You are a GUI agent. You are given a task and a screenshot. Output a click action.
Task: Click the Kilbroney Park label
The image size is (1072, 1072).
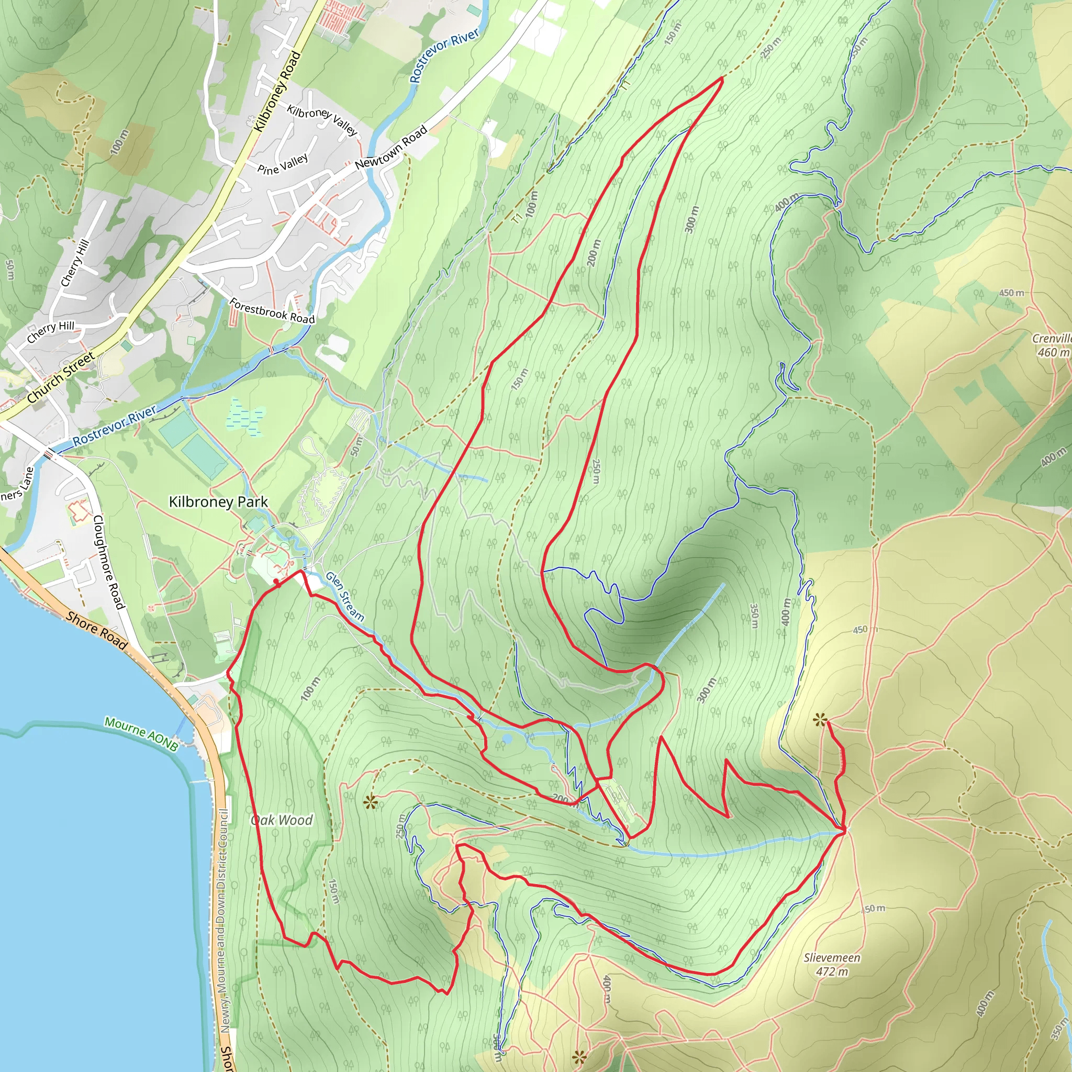(x=218, y=502)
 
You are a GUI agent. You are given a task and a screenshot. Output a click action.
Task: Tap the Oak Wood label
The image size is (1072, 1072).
(x=282, y=820)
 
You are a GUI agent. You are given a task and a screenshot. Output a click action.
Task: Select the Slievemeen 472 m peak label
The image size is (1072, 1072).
(x=832, y=964)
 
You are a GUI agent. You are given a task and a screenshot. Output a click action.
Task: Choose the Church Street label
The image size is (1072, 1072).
(x=61, y=378)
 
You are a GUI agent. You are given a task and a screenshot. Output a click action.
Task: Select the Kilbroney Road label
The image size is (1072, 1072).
(x=277, y=92)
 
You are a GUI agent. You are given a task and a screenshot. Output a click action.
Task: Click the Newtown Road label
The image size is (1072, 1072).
(x=391, y=148)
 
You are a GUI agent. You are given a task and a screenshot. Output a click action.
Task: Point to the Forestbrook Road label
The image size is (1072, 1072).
(x=272, y=311)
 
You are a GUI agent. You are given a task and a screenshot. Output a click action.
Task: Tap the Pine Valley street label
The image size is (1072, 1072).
(x=283, y=164)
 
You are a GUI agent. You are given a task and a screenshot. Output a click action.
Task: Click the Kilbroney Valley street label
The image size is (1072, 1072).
(x=322, y=120)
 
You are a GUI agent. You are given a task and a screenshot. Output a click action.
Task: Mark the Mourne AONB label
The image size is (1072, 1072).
(x=141, y=733)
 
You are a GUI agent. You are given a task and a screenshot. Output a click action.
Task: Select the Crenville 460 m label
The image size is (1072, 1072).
(x=1052, y=345)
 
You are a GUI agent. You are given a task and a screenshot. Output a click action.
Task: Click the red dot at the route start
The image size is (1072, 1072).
(x=276, y=582)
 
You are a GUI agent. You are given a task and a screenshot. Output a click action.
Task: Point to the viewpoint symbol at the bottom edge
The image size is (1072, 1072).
(x=579, y=1057)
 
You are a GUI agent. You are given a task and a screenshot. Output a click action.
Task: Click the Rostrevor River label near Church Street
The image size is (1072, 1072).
(x=114, y=425)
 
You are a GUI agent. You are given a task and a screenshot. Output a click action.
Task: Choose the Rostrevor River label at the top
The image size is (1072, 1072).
(x=444, y=56)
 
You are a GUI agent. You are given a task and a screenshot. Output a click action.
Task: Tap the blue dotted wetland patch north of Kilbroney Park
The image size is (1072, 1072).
(x=246, y=416)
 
